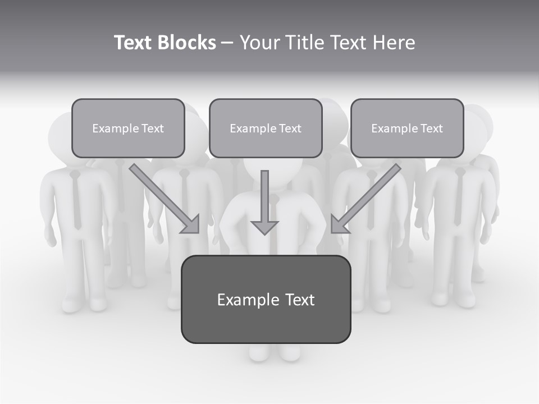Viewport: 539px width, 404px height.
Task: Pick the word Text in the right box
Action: coord(431,128)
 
